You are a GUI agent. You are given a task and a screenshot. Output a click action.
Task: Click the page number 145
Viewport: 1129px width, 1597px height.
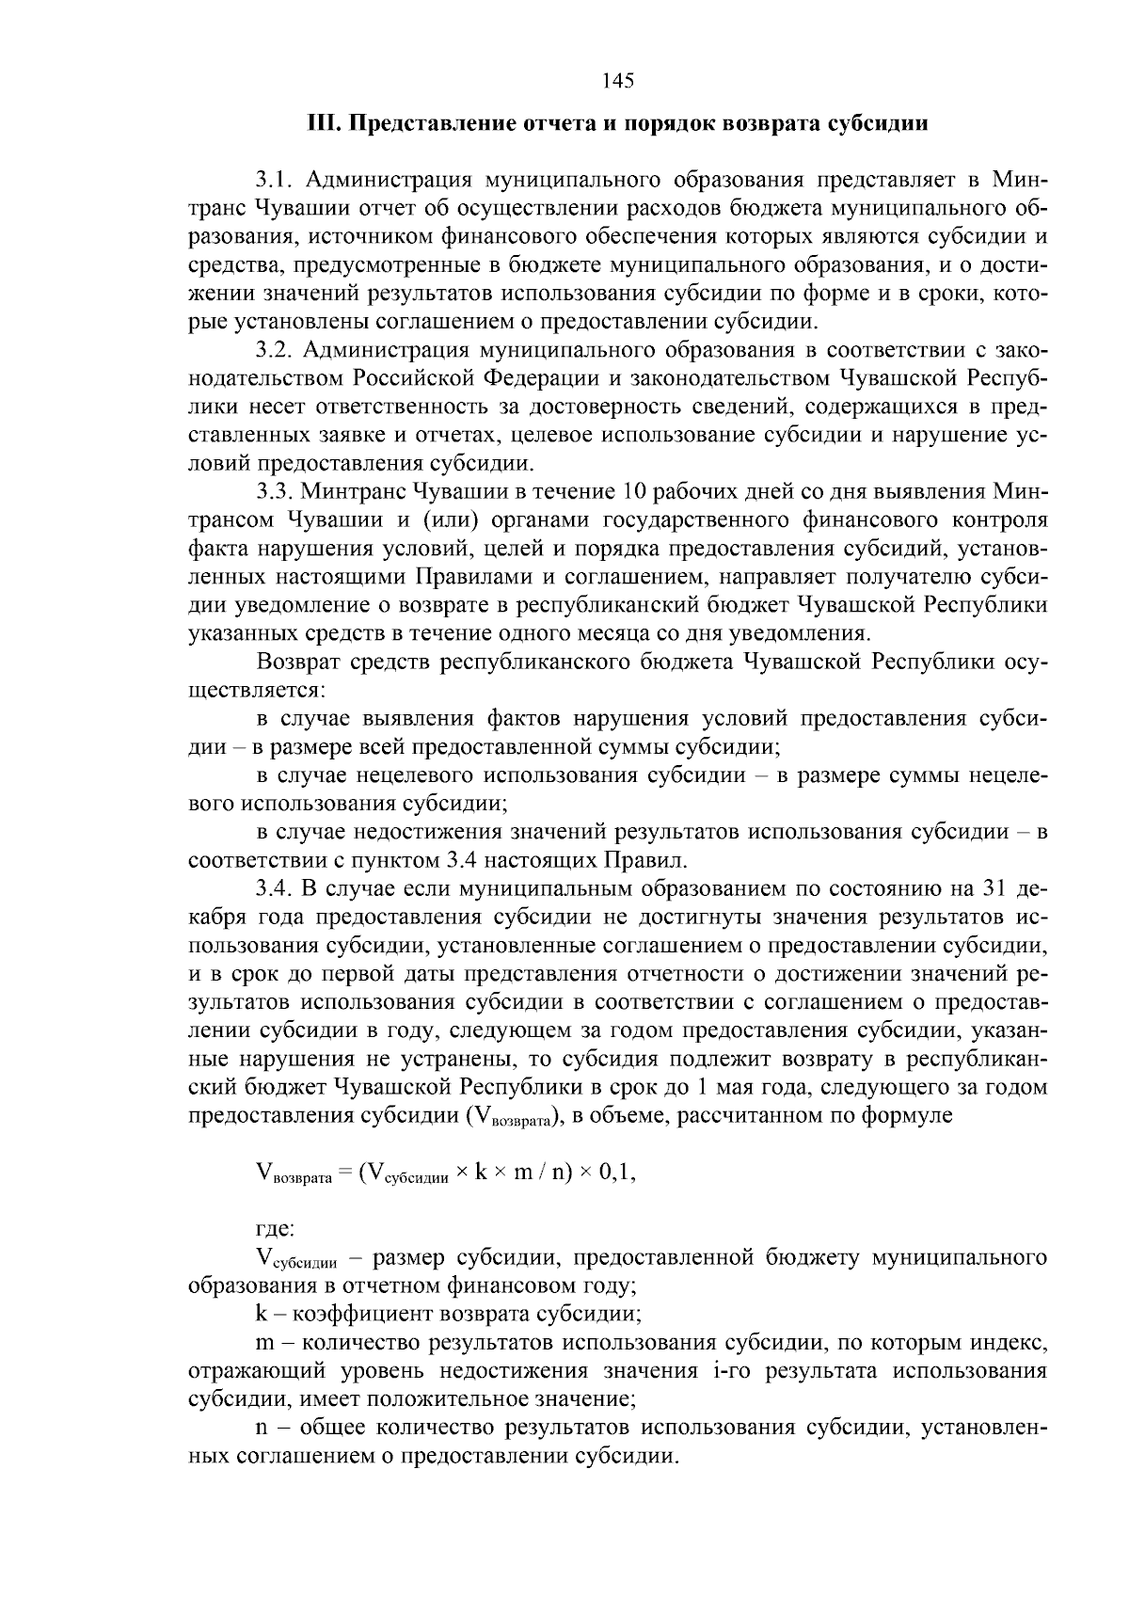(x=617, y=80)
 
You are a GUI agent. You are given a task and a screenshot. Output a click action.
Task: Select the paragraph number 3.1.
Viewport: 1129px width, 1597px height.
(x=277, y=179)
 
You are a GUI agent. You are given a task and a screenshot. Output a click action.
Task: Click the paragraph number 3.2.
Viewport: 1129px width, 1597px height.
(x=277, y=350)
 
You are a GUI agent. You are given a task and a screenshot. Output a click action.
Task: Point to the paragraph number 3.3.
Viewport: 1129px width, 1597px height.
(x=277, y=491)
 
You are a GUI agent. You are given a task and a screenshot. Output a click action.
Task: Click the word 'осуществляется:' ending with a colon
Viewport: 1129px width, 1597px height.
(x=256, y=690)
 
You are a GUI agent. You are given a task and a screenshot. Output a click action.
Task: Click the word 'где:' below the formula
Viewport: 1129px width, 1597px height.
(x=275, y=1228)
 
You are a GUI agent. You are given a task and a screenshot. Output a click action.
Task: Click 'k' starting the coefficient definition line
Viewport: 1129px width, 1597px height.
(x=261, y=1314)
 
